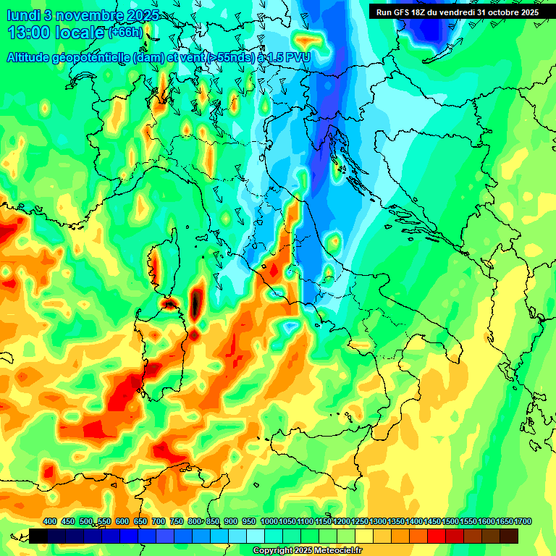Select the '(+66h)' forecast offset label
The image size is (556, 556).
point(125,33)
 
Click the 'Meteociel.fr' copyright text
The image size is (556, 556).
point(337,551)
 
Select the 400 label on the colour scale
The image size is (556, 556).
point(50,521)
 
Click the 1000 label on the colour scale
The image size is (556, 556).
point(269,521)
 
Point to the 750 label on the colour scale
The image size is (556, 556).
point(177,521)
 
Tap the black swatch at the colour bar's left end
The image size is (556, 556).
point(39,536)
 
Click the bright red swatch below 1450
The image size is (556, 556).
point(437,536)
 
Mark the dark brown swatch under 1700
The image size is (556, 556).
point(509,536)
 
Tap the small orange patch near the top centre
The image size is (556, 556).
point(309,38)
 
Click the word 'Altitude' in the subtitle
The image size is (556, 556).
point(33,57)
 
